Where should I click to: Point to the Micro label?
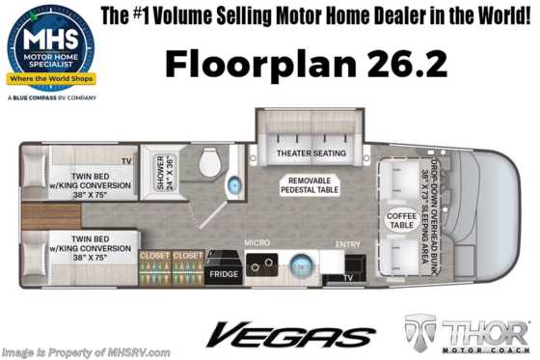click(x=256, y=242)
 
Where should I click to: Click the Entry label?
click(x=347, y=245)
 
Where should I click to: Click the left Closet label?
click(x=153, y=256)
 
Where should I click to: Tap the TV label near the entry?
click(x=348, y=278)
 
